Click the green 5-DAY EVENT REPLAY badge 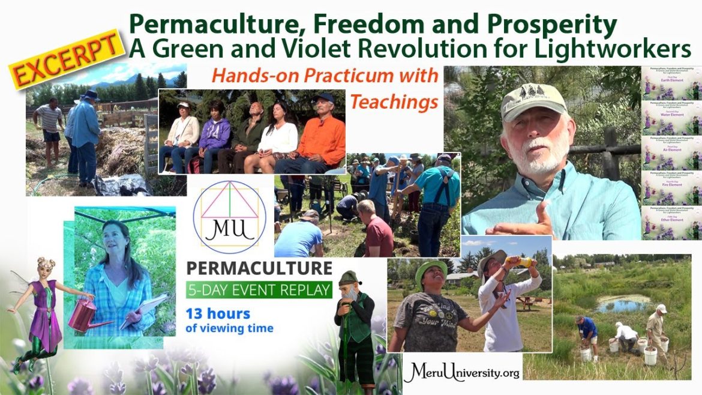click(259, 290)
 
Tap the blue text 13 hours click(218, 314)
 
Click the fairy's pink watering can click(82, 316)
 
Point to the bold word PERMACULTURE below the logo click(259, 267)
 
